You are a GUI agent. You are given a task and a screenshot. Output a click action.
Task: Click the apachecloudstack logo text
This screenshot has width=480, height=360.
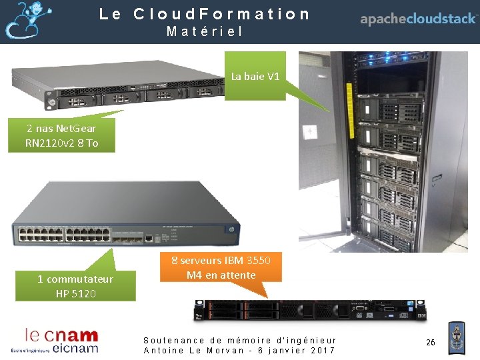(x=419, y=19)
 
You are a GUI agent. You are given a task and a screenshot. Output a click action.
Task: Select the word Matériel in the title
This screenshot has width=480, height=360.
(x=205, y=31)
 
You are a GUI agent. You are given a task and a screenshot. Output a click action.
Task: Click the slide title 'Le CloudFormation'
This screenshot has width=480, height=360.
(x=205, y=13)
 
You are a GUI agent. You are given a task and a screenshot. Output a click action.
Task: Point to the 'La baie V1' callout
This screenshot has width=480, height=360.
(x=255, y=76)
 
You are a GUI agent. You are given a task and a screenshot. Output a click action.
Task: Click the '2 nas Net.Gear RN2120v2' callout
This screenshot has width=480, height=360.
(x=61, y=135)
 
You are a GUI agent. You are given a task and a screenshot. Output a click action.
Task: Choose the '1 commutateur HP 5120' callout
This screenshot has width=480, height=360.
(x=75, y=285)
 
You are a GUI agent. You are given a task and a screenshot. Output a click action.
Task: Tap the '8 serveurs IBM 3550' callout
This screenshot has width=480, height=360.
(x=221, y=267)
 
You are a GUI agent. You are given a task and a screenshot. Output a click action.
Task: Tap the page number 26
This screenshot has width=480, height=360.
(x=431, y=342)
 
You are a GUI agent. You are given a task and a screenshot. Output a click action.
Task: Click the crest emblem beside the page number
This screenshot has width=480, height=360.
(x=457, y=338)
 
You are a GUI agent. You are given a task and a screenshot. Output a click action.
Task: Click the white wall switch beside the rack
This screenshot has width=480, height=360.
(x=309, y=133)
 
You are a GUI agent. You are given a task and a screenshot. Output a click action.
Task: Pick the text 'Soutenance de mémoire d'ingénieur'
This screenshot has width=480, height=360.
(x=240, y=340)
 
